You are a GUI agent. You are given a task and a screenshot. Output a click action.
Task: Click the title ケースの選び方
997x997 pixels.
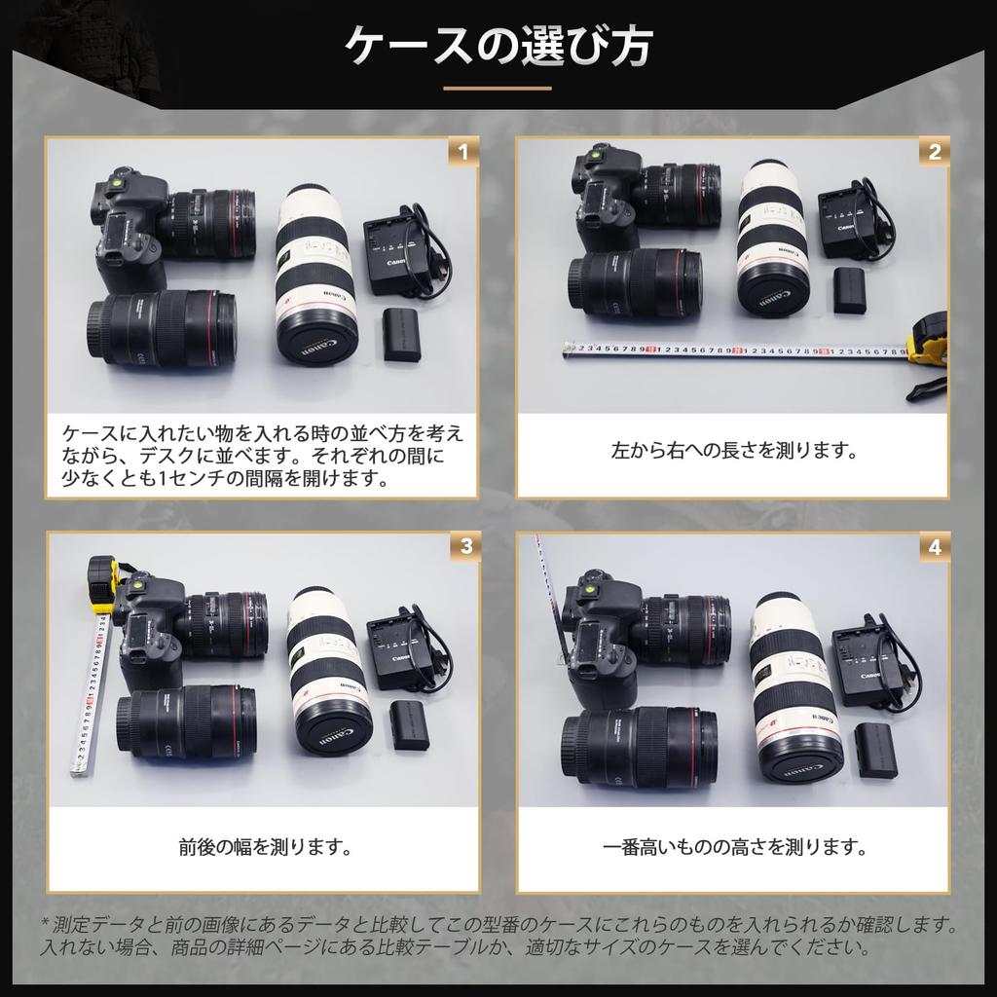click(x=498, y=46)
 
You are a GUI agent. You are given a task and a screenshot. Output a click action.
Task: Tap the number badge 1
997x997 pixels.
click(x=463, y=152)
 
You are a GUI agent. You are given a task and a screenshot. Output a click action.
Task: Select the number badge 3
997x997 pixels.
click(x=465, y=546)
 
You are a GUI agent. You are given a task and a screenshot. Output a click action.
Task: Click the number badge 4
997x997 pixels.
click(x=935, y=546)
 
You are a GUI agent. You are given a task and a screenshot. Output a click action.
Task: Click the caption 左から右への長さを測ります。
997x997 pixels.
click(x=733, y=452)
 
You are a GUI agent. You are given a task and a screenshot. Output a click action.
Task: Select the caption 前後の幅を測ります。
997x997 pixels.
click(x=264, y=847)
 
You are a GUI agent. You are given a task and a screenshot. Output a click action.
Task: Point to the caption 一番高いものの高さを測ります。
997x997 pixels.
click(x=733, y=847)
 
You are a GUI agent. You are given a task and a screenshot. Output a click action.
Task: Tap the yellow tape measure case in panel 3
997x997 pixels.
click(x=101, y=582)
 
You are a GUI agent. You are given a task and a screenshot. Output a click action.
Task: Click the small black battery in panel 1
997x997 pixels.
click(x=401, y=334)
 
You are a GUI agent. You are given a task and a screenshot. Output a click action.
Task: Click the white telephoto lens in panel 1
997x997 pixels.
click(x=314, y=273)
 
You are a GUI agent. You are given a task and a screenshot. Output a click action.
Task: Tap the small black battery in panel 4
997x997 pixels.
click(x=876, y=750)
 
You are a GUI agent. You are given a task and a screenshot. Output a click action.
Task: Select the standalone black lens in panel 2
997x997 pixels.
click(x=639, y=282)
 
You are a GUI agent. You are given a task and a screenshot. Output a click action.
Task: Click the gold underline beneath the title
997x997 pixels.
click(x=498, y=89)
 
